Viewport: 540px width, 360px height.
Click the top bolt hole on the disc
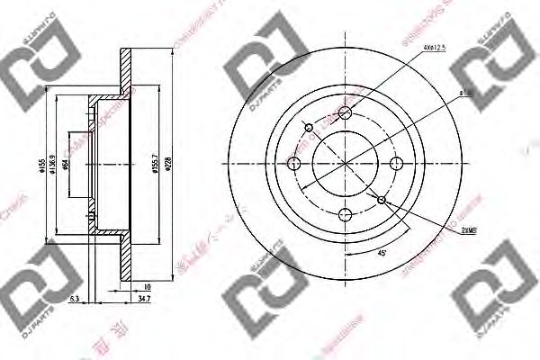pyautogui.click(x=346, y=112)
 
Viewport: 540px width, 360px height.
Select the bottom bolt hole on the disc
pyautogui.click(x=346, y=214)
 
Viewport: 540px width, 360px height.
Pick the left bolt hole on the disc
pyautogui.click(x=295, y=163)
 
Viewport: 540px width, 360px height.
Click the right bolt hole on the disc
pyautogui.click(x=397, y=163)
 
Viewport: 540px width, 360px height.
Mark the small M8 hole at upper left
pyautogui.click(x=310, y=127)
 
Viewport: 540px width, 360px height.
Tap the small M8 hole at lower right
pyautogui.click(x=382, y=199)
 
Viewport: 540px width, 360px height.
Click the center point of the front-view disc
pyautogui.click(x=346, y=163)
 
